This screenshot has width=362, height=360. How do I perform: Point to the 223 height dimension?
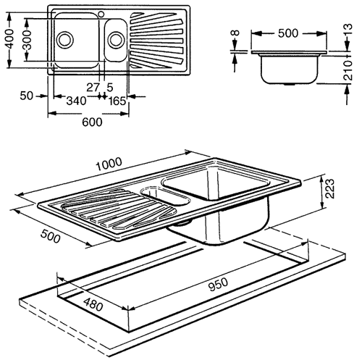pos(329,191)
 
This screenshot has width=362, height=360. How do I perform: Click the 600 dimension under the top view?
pos(90,122)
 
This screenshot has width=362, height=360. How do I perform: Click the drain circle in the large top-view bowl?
pos(67,38)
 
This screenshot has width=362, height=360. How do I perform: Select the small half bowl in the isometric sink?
pos(154,192)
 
